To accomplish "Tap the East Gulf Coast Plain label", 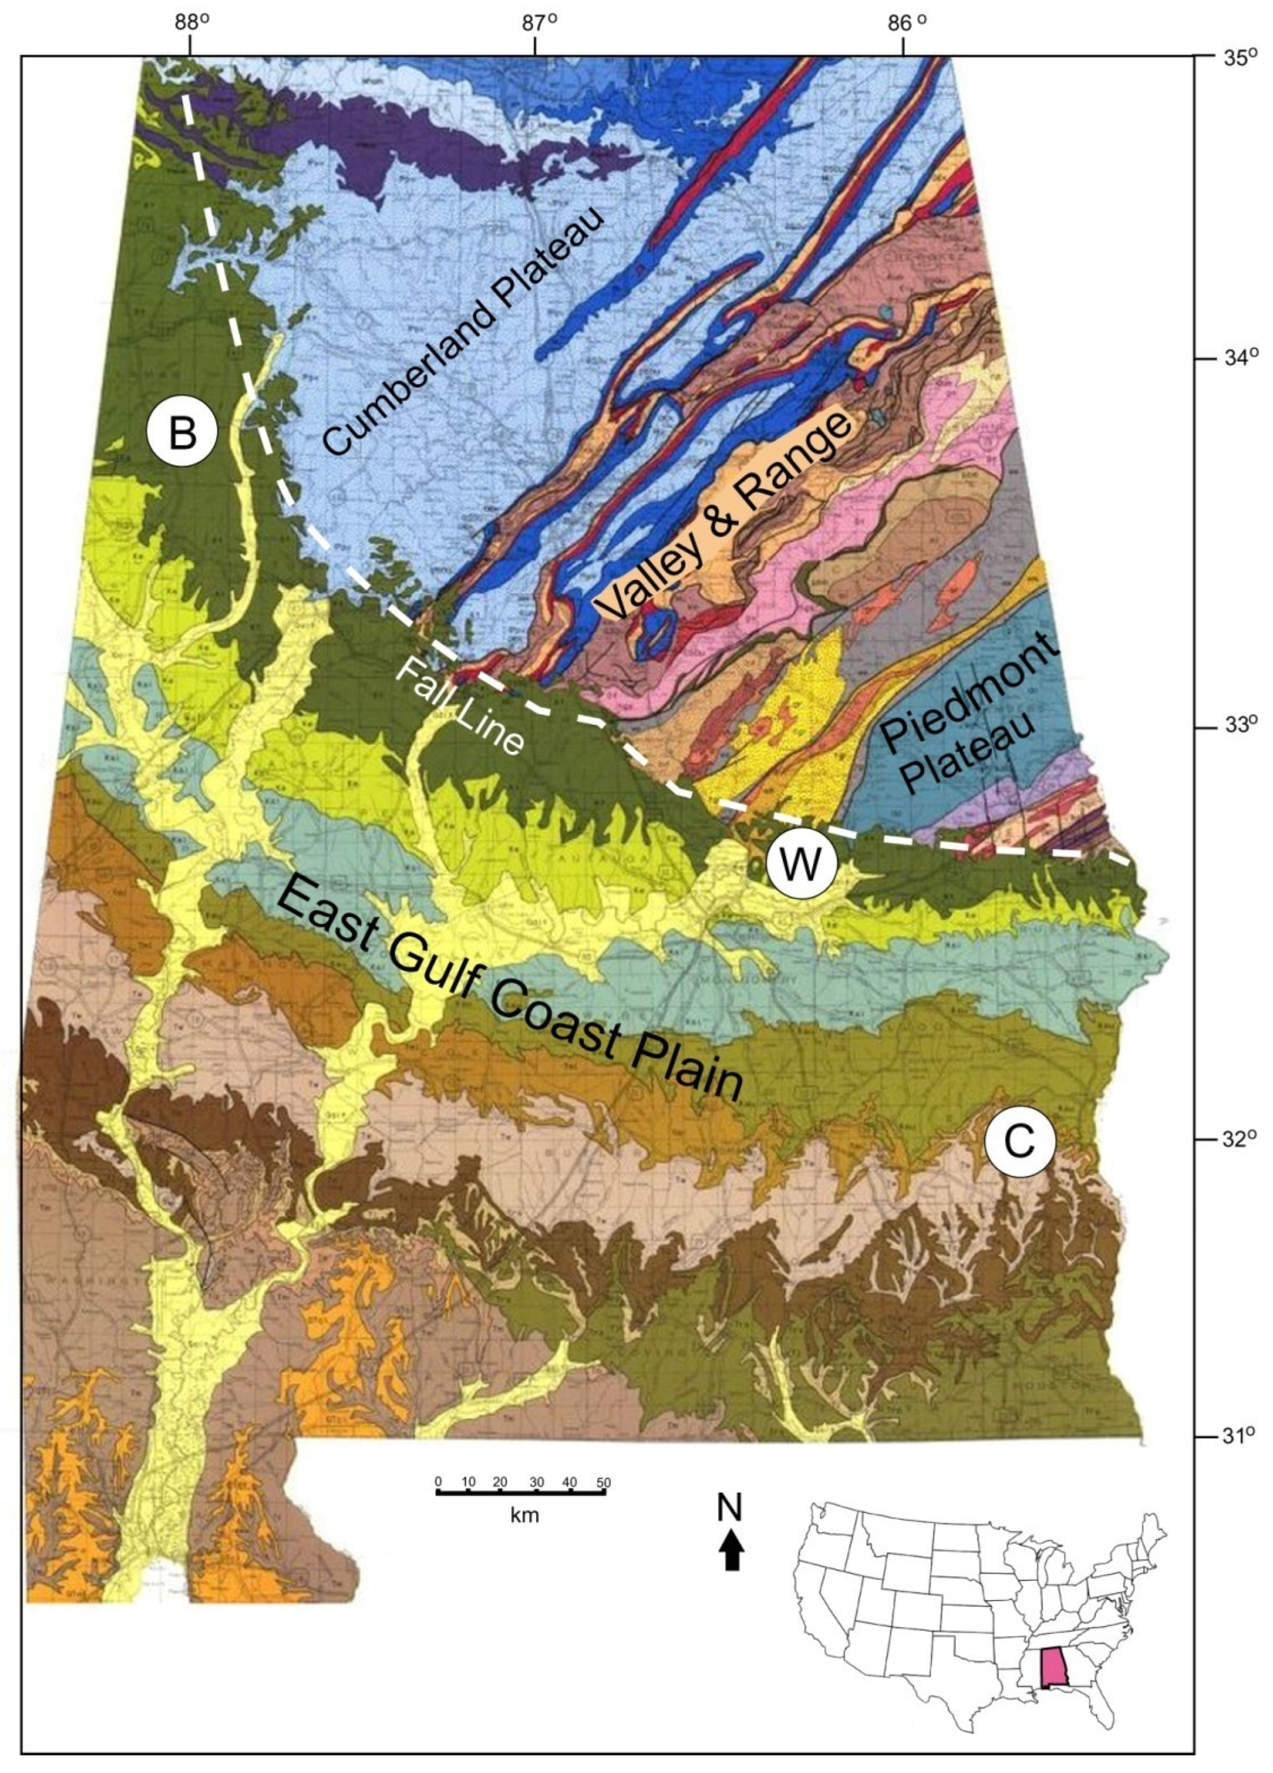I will [508, 988].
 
